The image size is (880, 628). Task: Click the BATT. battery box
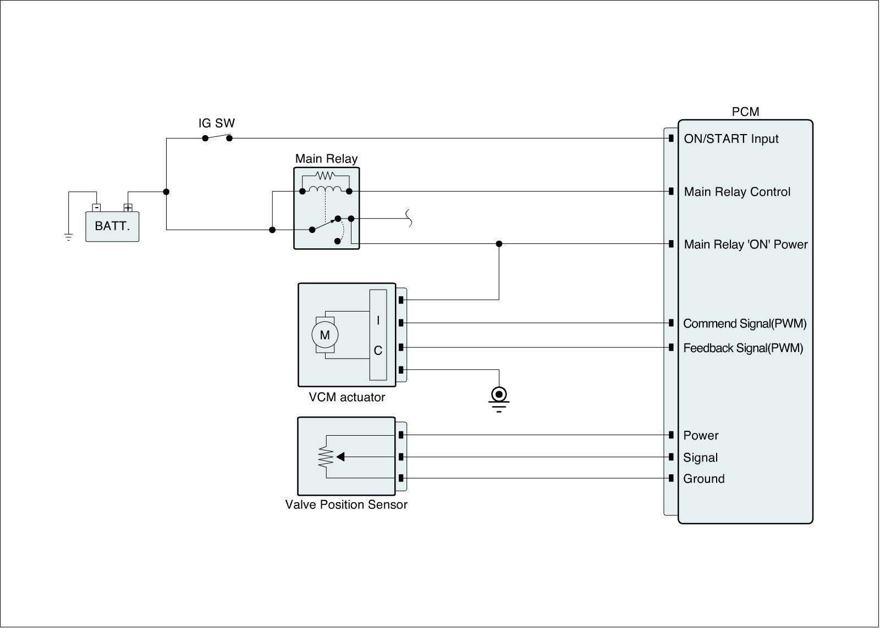pyautogui.click(x=112, y=226)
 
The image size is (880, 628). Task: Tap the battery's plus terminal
pyautogui.click(x=128, y=208)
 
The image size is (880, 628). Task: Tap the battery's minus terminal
pyautogui.click(x=96, y=208)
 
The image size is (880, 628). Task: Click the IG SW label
pyautogui.click(x=217, y=123)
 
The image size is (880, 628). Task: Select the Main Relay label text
pyautogui.click(x=326, y=159)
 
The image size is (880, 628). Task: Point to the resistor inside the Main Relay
pyautogui.click(x=326, y=176)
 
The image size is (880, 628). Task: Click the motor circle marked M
pyautogui.click(x=324, y=335)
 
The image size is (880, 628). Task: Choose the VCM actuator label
pyautogui.click(x=346, y=397)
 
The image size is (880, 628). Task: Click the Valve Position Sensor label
pyautogui.click(x=346, y=504)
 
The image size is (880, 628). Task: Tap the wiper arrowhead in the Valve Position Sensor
pyautogui.click(x=340, y=457)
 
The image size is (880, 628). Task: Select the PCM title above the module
pyautogui.click(x=745, y=112)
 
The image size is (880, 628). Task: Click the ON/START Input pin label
pyautogui.click(x=731, y=139)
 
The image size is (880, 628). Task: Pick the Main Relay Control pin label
pyautogui.click(x=737, y=192)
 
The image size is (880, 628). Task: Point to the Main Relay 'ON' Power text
pyautogui.click(x=745, y=244)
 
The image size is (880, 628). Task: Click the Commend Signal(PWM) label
pyautogui.click(x=745, y=324)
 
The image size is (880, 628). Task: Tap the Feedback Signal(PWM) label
pyautogui.click(x=743, y=348)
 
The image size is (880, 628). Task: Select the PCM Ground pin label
pyautogui.click(x=703, y=479)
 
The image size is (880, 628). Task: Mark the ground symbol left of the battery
pyautogui.click(x=68, y=237)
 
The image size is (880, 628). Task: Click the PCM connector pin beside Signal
pyautogui.click(x=671, y=457)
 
